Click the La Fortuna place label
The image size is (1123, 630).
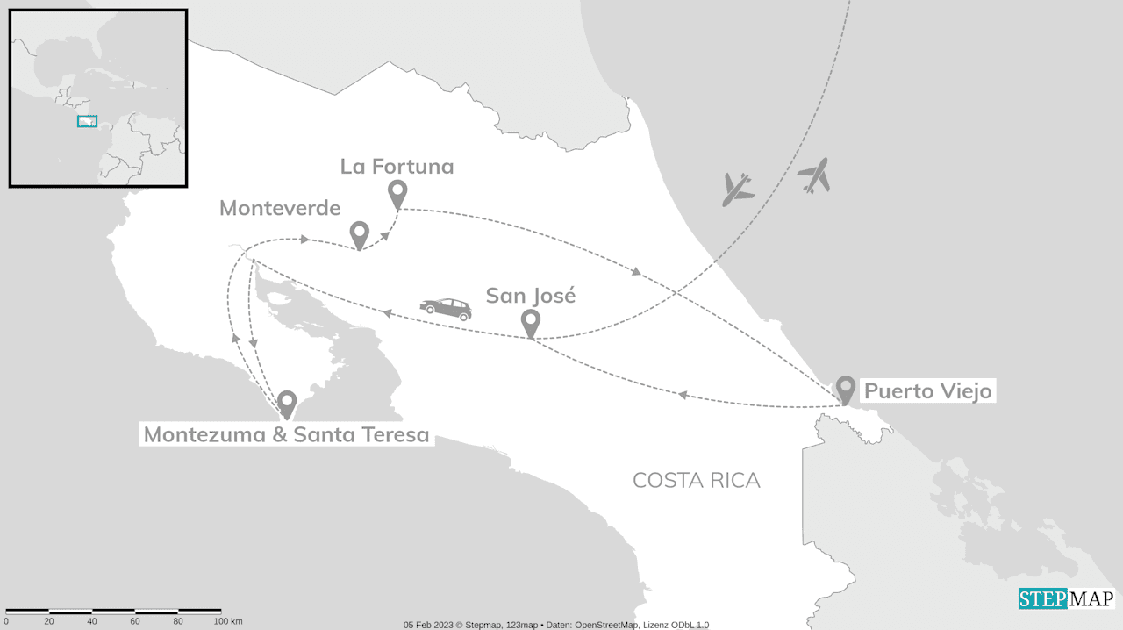pos(397,166)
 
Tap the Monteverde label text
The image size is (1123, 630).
pos(280,208)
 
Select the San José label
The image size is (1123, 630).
pos(531,296)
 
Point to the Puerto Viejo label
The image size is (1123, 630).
pos(927,390)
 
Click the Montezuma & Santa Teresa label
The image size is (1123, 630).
pos(286,434)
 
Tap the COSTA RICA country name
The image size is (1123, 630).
pos(696,480)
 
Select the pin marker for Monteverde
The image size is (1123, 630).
pos(359,234)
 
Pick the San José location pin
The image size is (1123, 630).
pos(530,322)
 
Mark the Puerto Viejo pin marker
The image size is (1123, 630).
pos(845,388)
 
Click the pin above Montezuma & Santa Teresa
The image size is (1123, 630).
pos(287,403)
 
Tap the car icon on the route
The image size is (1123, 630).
pos(446,308)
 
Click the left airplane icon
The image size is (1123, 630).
pos(738,189)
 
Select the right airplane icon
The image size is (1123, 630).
pos(814,175)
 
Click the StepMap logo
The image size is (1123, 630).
pos(1066,599)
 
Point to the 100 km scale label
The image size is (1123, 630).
pos(228,621)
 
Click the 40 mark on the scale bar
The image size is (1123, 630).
pos(92,621)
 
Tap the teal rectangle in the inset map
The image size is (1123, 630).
pos(87,121)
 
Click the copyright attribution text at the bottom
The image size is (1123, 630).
pos(556,625)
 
